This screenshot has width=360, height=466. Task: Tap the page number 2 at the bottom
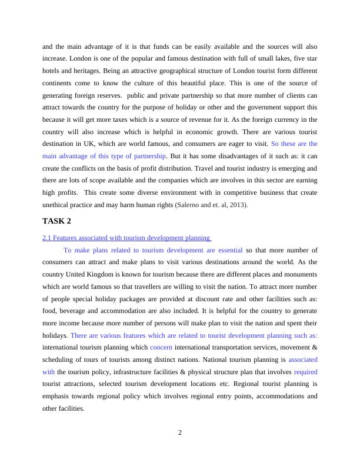(x=180, y=433)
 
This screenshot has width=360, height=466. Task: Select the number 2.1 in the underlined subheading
(x=47, y=238)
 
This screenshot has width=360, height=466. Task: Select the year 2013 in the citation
(x=236, y=205)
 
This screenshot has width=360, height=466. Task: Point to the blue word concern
(x=161, y=347)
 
